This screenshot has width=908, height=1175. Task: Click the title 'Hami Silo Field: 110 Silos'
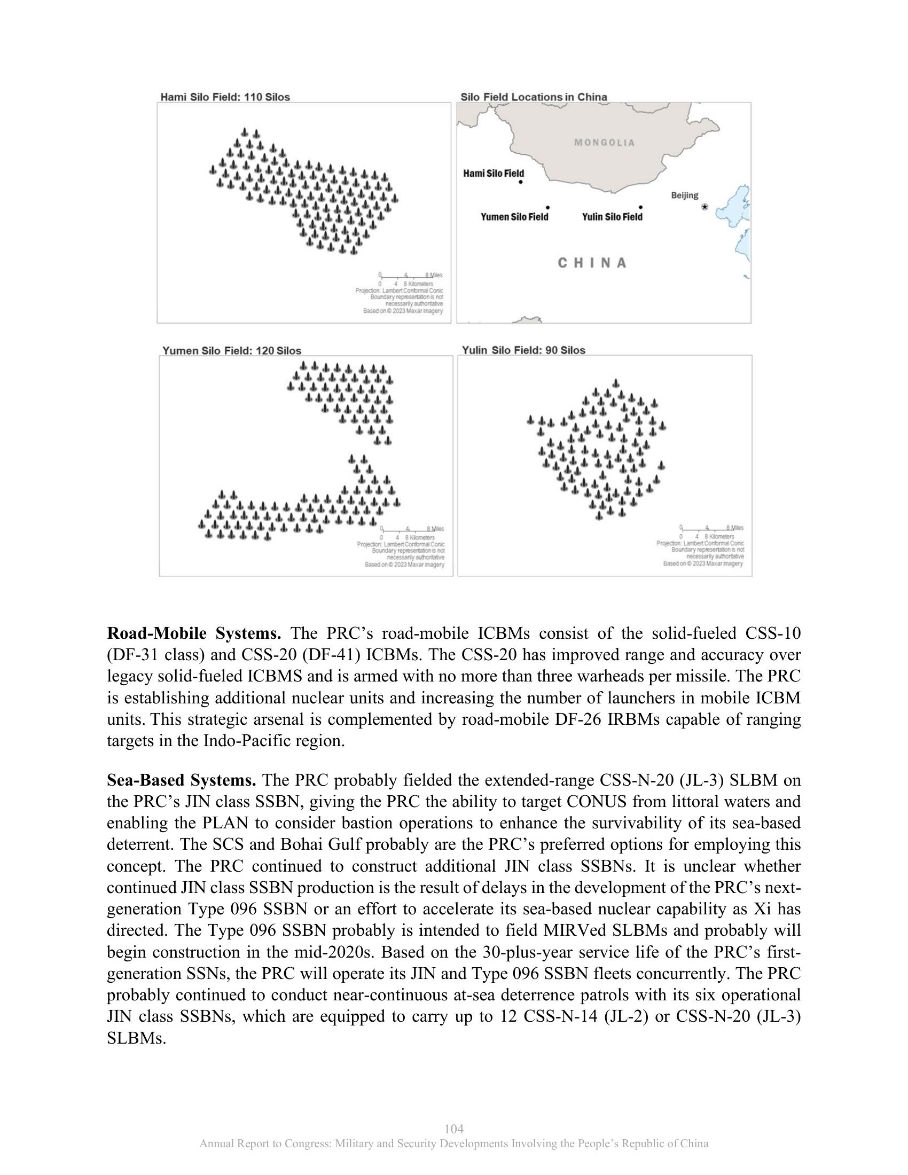(225, 97)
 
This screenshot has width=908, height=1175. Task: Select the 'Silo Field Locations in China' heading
(534, 97)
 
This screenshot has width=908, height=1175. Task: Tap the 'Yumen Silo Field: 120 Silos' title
(232, 351)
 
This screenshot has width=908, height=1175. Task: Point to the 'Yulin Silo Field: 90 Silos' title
(523, 350)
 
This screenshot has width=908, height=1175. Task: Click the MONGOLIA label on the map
(605, 143)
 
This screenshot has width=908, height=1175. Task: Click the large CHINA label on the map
(592, 263)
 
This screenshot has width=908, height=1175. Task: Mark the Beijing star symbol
(705, 207)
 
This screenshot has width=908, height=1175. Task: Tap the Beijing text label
(684, 195)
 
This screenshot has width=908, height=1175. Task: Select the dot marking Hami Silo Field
(521, 182)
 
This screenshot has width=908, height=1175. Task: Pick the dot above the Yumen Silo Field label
(547, 207)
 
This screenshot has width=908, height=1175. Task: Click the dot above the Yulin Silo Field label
(640, 207)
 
